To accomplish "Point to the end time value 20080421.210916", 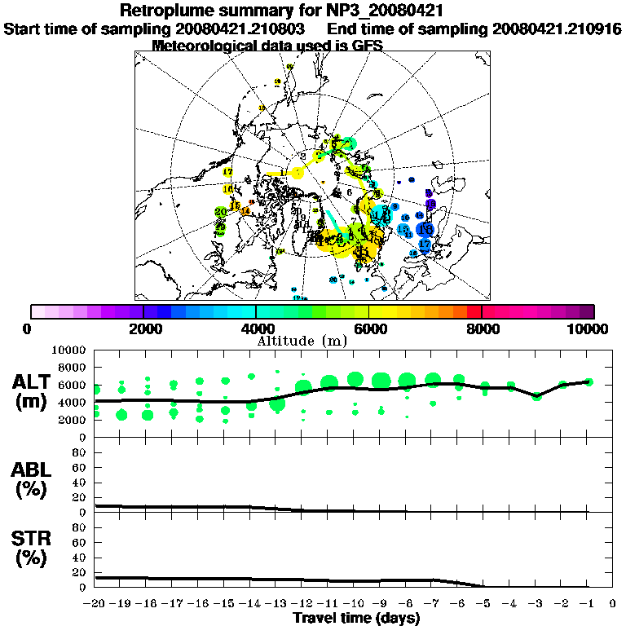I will (x=557, y=29).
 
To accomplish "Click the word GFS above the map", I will (x=367, y=46).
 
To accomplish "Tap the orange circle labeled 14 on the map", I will (x=245, y=211).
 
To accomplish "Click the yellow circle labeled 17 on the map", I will (x=227, y=173).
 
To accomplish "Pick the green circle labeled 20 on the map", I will (x=220, y=212).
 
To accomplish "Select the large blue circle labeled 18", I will (x=425, y=231).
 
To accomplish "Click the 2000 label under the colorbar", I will (x=143, y=329).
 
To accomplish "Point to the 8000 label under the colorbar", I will (x=482, y=329).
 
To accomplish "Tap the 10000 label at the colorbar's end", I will (x=591, y=329).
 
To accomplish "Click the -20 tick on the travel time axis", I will (x=95, y=603).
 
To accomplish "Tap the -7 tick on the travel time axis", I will (x=433, y=603).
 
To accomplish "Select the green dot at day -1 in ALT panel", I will (x=589, y=381).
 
